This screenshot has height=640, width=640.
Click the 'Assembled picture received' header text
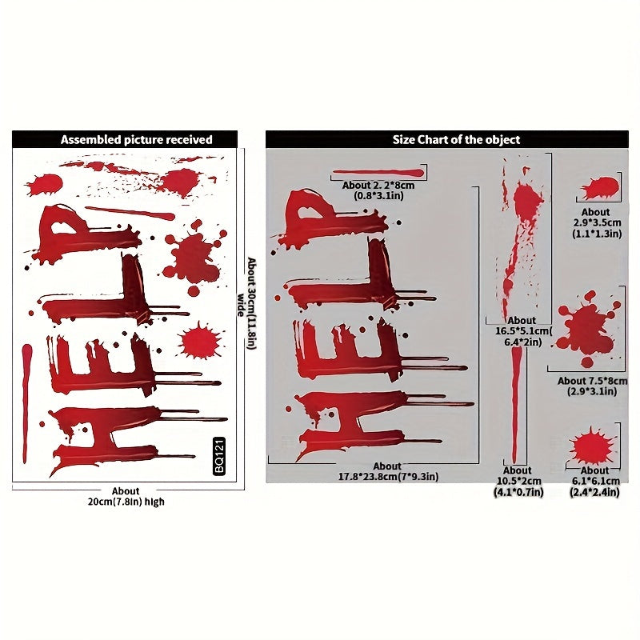coord(136,139)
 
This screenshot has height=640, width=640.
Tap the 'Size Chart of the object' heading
coord(456,139)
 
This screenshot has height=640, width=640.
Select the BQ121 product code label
coord(219,456)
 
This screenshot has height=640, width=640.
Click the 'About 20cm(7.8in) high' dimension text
coord(126,496)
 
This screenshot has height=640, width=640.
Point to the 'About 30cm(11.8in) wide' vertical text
coord(247,304)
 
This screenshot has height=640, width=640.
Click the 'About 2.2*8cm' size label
coord(378,185)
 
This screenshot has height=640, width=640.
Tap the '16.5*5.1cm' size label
coord(523,330)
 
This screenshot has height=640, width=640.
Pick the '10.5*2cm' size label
coord(518,482)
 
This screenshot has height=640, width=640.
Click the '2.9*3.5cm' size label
coord(597,223)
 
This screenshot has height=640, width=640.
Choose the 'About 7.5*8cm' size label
coord(592,381)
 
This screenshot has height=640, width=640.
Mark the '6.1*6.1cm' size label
coord(595,482)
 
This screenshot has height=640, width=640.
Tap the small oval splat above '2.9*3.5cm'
coord(600,188)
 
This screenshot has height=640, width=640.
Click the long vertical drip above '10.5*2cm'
coord(516,405)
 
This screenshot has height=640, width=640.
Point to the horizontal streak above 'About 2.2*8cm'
coord(378,173)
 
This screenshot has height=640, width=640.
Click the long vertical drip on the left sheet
coord(26,403)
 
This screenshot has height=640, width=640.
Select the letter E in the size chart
coord(367,351)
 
